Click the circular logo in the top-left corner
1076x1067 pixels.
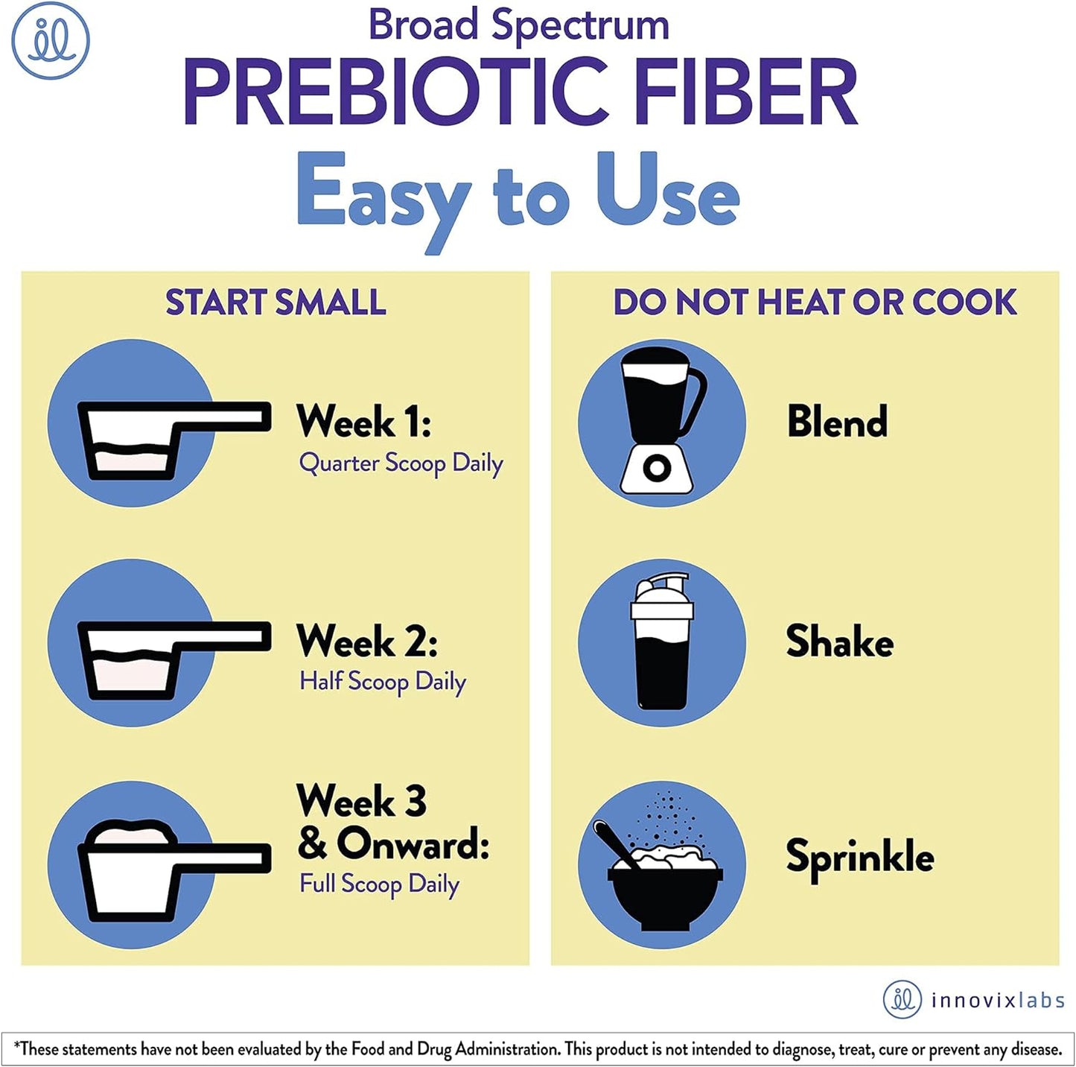(51, 40)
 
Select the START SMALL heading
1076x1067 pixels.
(276, 303)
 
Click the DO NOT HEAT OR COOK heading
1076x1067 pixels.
(815, 303)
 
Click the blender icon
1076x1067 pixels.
(661, 423)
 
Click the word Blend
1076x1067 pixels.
(837, 422)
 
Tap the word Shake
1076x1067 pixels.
(839, 642)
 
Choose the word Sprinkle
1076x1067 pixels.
(859, 857)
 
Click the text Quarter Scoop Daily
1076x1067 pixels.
(401, 463)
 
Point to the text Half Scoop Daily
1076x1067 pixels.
(383, 682)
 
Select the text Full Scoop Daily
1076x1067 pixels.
(379, 884)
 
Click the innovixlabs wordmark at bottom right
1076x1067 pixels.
(997, 1000)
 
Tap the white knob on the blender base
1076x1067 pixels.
(657, 469)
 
